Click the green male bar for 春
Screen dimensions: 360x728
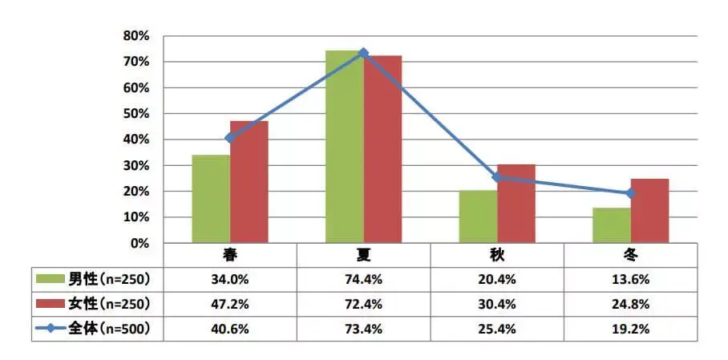coord(211,199)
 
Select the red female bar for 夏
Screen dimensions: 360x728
coord(382,149)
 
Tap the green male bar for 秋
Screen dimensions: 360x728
coord(478,216)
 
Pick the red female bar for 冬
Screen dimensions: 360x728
coord(649,211)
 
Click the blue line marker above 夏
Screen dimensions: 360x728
coord(363,53)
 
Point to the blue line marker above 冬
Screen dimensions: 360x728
coord(630,193)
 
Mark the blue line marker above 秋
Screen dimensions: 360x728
coord(497,177)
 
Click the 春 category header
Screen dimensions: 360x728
coord(230,255)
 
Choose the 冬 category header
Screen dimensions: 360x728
coord(630,255)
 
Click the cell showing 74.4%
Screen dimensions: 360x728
coord(363,279)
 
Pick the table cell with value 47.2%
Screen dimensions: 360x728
coord(230,304)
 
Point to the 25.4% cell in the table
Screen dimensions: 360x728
coord(497,329)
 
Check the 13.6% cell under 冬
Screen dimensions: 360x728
coord(630,279)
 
